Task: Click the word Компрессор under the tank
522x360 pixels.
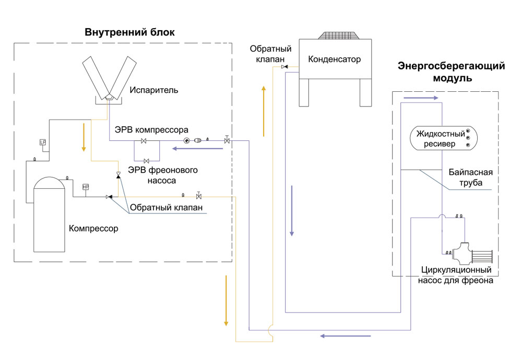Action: click(93, 229)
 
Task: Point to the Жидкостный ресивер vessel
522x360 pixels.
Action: click(441, 138)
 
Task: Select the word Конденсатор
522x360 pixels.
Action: click(335, 59)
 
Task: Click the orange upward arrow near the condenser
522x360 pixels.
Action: click(264, 110)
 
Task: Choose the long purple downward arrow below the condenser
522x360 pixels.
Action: click(292, 209)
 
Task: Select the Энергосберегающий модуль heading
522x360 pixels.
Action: click(452, 73)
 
